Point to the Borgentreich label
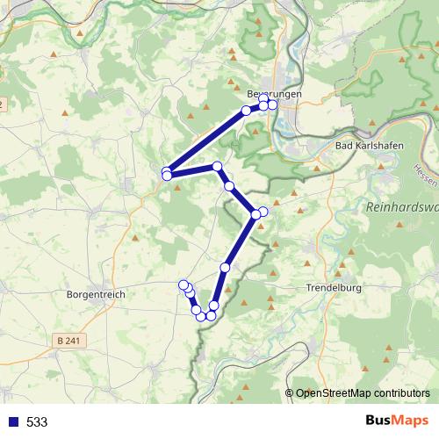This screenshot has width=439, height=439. pyautogui.click(x=95, y=295)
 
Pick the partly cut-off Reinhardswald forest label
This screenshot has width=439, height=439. pyautogui.click(x=400, y=208)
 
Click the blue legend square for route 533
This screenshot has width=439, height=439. pyautogui.click(x=12, y=421)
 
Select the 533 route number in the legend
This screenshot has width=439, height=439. pyautogui.click(x=37, y=421)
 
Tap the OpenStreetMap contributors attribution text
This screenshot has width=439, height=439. pyautogui.click(x=363, y=393)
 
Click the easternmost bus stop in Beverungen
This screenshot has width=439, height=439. pyautogui.click(x=272, y=105)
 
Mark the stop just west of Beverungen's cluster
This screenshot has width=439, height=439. pyautogui.click(x=247, y=111)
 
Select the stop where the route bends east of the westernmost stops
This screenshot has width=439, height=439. pyautogui.click(x=217, y=166)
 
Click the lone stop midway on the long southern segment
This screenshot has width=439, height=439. pyautogui.click(x=226, y=267)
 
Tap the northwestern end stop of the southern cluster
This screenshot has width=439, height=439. pyautogui.click(x=184, y=284)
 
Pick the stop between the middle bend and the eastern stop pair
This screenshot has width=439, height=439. pyautogui.click(x=229, y=186)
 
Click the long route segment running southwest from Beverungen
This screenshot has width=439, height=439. pyautogui.click(x=206, y=140)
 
